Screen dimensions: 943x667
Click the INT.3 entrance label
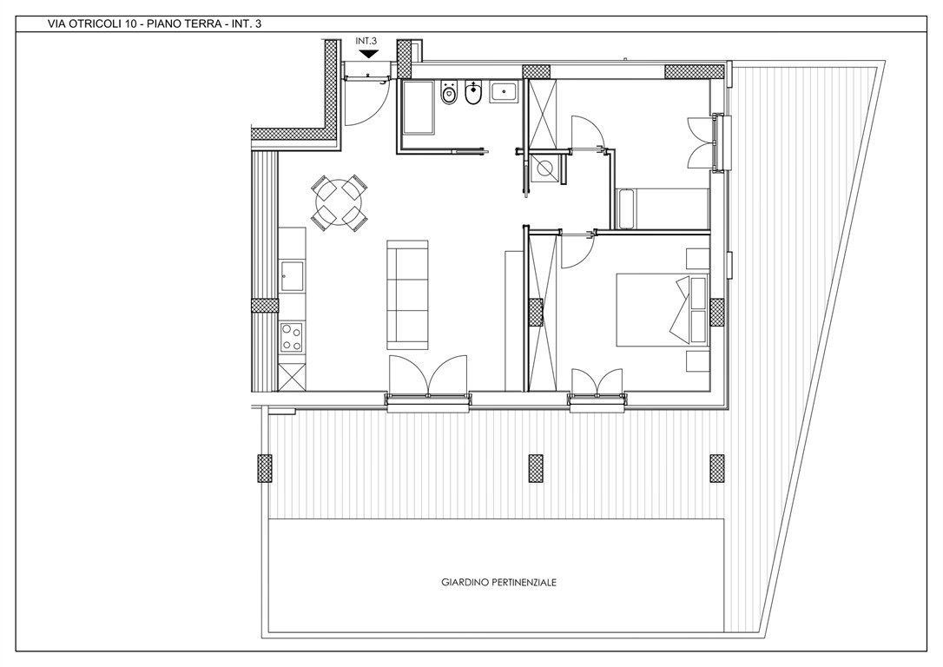tap(366, 41)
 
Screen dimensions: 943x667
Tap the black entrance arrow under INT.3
tap(366, 54)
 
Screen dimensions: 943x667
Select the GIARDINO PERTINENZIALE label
tap(498, 582)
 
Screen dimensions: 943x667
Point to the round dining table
tap(339, 202)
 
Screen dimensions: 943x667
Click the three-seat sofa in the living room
tap(407, 294)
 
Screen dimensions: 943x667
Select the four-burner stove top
tap(293, 337)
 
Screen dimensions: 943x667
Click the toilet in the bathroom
tap(448, 93)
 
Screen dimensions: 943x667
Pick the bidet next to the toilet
tap(473, 93)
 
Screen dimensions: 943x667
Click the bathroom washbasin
tap(504, 92)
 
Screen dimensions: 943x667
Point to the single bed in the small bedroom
tap(663, 208)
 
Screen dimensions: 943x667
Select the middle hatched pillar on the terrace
tap(536, 468)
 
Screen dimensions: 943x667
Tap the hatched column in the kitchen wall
tap(265, 305)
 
